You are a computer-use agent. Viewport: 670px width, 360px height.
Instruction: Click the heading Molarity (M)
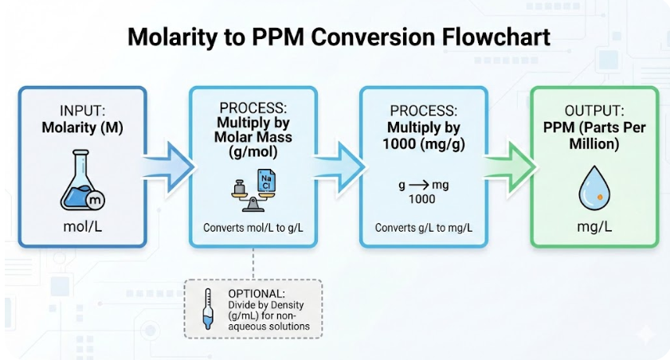[x=82, y=128]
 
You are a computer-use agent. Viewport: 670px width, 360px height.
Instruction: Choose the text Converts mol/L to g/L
[x=253, y=228]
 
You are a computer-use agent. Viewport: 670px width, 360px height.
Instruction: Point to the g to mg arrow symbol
[x=423, y=185]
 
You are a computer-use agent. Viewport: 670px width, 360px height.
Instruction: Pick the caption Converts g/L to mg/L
[x=423, y=228]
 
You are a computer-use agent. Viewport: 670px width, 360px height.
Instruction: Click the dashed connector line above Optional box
[x=253, y=263]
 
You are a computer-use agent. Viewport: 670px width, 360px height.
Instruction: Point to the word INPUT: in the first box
[x=82, y=112]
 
